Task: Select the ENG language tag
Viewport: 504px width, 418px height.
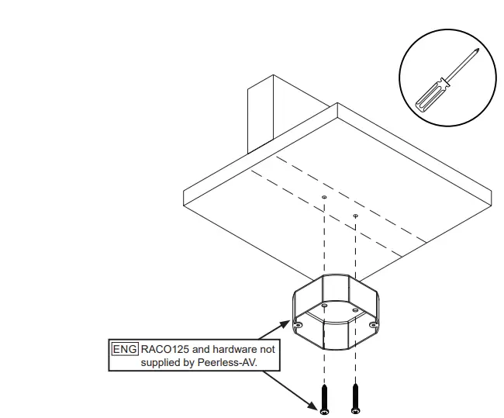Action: pos(125,349)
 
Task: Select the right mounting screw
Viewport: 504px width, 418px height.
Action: pos(355,396)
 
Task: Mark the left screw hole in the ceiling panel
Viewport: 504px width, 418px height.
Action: pos(324,198)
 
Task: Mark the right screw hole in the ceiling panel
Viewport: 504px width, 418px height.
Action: pos(355,216)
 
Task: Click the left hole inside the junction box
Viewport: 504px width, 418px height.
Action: pos(325,307)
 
